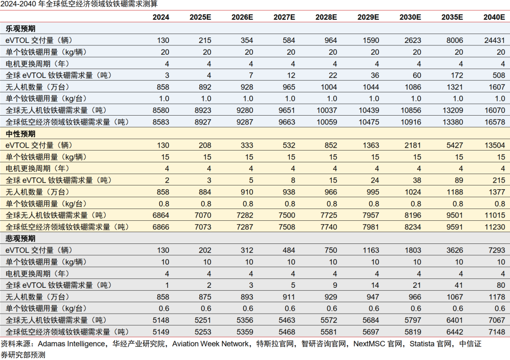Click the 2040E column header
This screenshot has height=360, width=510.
tap(494, 17)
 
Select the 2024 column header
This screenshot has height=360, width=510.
tap(161, 17)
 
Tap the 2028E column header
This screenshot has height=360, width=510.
tap(326, 17)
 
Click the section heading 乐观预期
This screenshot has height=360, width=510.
tap(20, 29)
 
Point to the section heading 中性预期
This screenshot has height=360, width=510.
tap(20, 134)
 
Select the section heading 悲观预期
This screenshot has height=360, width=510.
tap(20, 239)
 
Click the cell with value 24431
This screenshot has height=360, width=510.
tap(494, 41)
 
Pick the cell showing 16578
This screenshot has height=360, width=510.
tap(494, 122)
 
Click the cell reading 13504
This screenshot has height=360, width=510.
tap(494, 145)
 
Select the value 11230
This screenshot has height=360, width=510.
tap(494, 226)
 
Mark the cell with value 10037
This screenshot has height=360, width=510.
tap(326, 110)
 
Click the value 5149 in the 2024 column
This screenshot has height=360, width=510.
tap(161, 332)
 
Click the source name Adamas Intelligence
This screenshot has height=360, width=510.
tap(71, 344)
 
